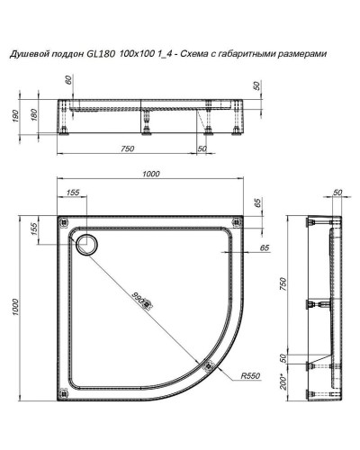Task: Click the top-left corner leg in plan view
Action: [x=63, y=221]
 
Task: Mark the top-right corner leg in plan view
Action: [x=236, y=221]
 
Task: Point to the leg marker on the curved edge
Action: [x=209, y=366]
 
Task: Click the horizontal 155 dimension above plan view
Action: [x=73, y=192]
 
